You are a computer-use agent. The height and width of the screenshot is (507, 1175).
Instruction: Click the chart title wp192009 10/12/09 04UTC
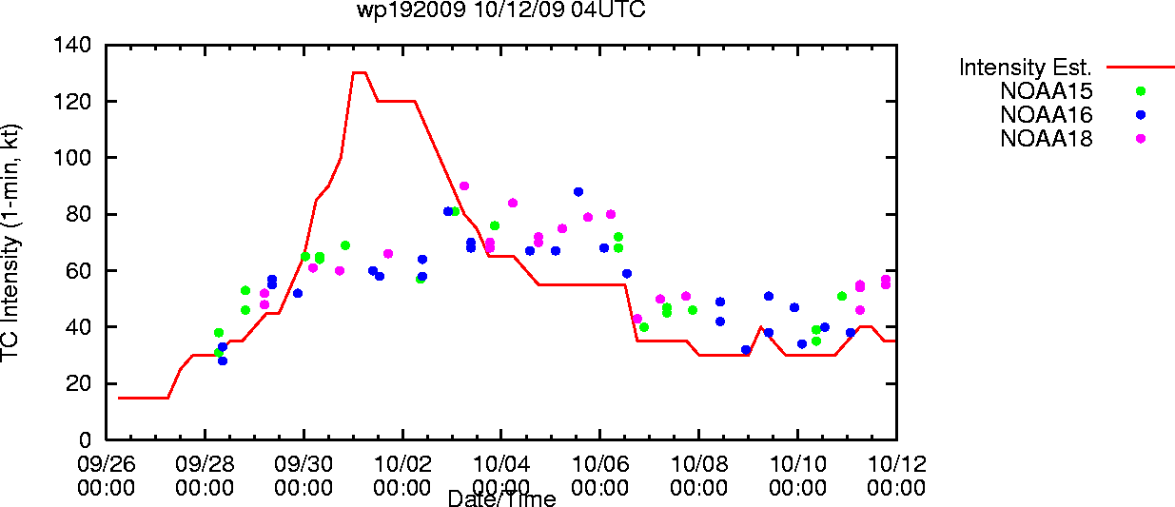point(501,10)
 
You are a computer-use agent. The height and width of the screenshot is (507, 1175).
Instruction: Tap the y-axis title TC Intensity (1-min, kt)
point(10,243)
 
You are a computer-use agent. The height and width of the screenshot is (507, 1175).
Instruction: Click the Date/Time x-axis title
point(501,498)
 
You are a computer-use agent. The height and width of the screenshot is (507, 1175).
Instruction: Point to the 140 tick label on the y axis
point(72,45)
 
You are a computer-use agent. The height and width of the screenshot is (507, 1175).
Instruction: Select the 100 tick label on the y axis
point(72,157)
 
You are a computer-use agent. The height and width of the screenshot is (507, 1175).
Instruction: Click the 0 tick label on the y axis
point(85,439)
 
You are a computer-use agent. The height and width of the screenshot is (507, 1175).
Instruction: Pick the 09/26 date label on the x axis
point(107,464)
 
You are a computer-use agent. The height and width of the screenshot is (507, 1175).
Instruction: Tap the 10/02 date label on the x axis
point(402,464)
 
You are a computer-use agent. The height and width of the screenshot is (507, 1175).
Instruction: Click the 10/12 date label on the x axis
point(897,464)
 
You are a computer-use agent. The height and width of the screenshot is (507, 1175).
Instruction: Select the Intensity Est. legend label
point(1026,68)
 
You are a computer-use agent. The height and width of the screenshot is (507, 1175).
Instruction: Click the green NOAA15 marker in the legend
point(1141,91)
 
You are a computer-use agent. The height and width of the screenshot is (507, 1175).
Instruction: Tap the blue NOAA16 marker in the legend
point(1141,115)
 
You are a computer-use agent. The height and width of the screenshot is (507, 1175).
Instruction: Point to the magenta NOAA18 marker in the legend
point(1141,139)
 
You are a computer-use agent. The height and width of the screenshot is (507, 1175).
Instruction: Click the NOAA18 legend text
point(1047,139)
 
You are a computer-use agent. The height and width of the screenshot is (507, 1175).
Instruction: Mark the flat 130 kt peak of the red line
point(360,73)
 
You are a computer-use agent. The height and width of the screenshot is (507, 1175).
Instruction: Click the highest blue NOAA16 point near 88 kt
point(578,192)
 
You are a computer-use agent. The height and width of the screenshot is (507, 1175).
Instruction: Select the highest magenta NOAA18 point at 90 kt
point(463,186)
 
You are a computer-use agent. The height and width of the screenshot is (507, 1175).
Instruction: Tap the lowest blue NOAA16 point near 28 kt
point(223,361)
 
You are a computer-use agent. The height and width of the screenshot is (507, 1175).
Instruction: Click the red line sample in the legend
point(1141,68)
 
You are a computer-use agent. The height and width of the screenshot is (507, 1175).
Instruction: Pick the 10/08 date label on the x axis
point(698,464)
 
